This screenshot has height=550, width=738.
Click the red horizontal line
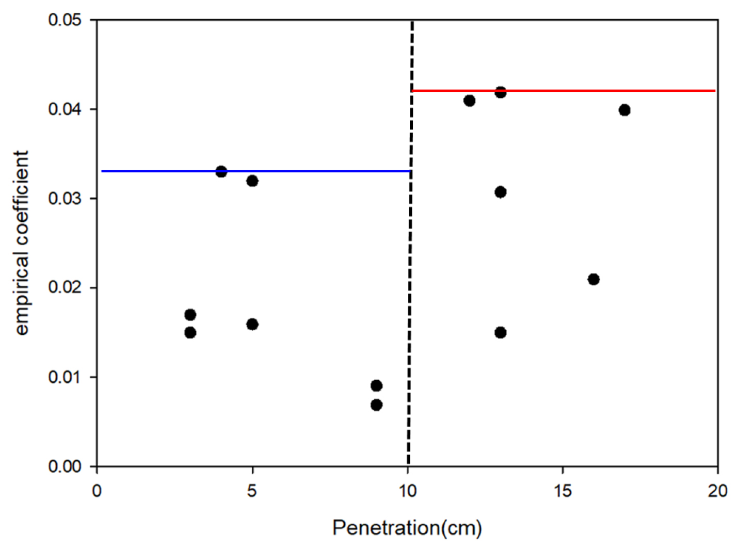click(x=563, y=91)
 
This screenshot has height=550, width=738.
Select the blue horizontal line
click(x=256, y=171)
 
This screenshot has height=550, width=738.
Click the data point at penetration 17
click(x=624, y=110)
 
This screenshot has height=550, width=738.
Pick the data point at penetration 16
click(x=593, y=279)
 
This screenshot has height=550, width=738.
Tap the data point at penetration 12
click(x=469, y=101)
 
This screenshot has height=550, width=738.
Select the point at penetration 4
click(x=221, y=172)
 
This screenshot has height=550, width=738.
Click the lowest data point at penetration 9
click(x=376, y=405)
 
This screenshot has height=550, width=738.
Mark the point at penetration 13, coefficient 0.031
click(x=500, y=192)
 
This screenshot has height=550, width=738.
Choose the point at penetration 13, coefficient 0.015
click(x=500, y=333)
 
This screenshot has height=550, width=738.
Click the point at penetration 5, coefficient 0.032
click(x=252, y=181)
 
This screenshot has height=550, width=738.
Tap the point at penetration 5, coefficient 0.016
click(x=252, y=325)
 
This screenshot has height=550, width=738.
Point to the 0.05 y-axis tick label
click(x=65, y=20)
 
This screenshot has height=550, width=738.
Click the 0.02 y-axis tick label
click(x=65, y=287)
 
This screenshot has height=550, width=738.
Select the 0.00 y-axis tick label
click(x=65, y=466)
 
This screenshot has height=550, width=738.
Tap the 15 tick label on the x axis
click(x=563, y=491)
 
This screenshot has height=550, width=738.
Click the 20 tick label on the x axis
click(x=718, y=491)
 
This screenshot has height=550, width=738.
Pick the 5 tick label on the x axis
click(x=252, y=491)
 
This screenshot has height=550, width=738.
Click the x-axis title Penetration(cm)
click(x=407, y=528)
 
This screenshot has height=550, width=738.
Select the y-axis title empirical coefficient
click(x=22, y=243)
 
